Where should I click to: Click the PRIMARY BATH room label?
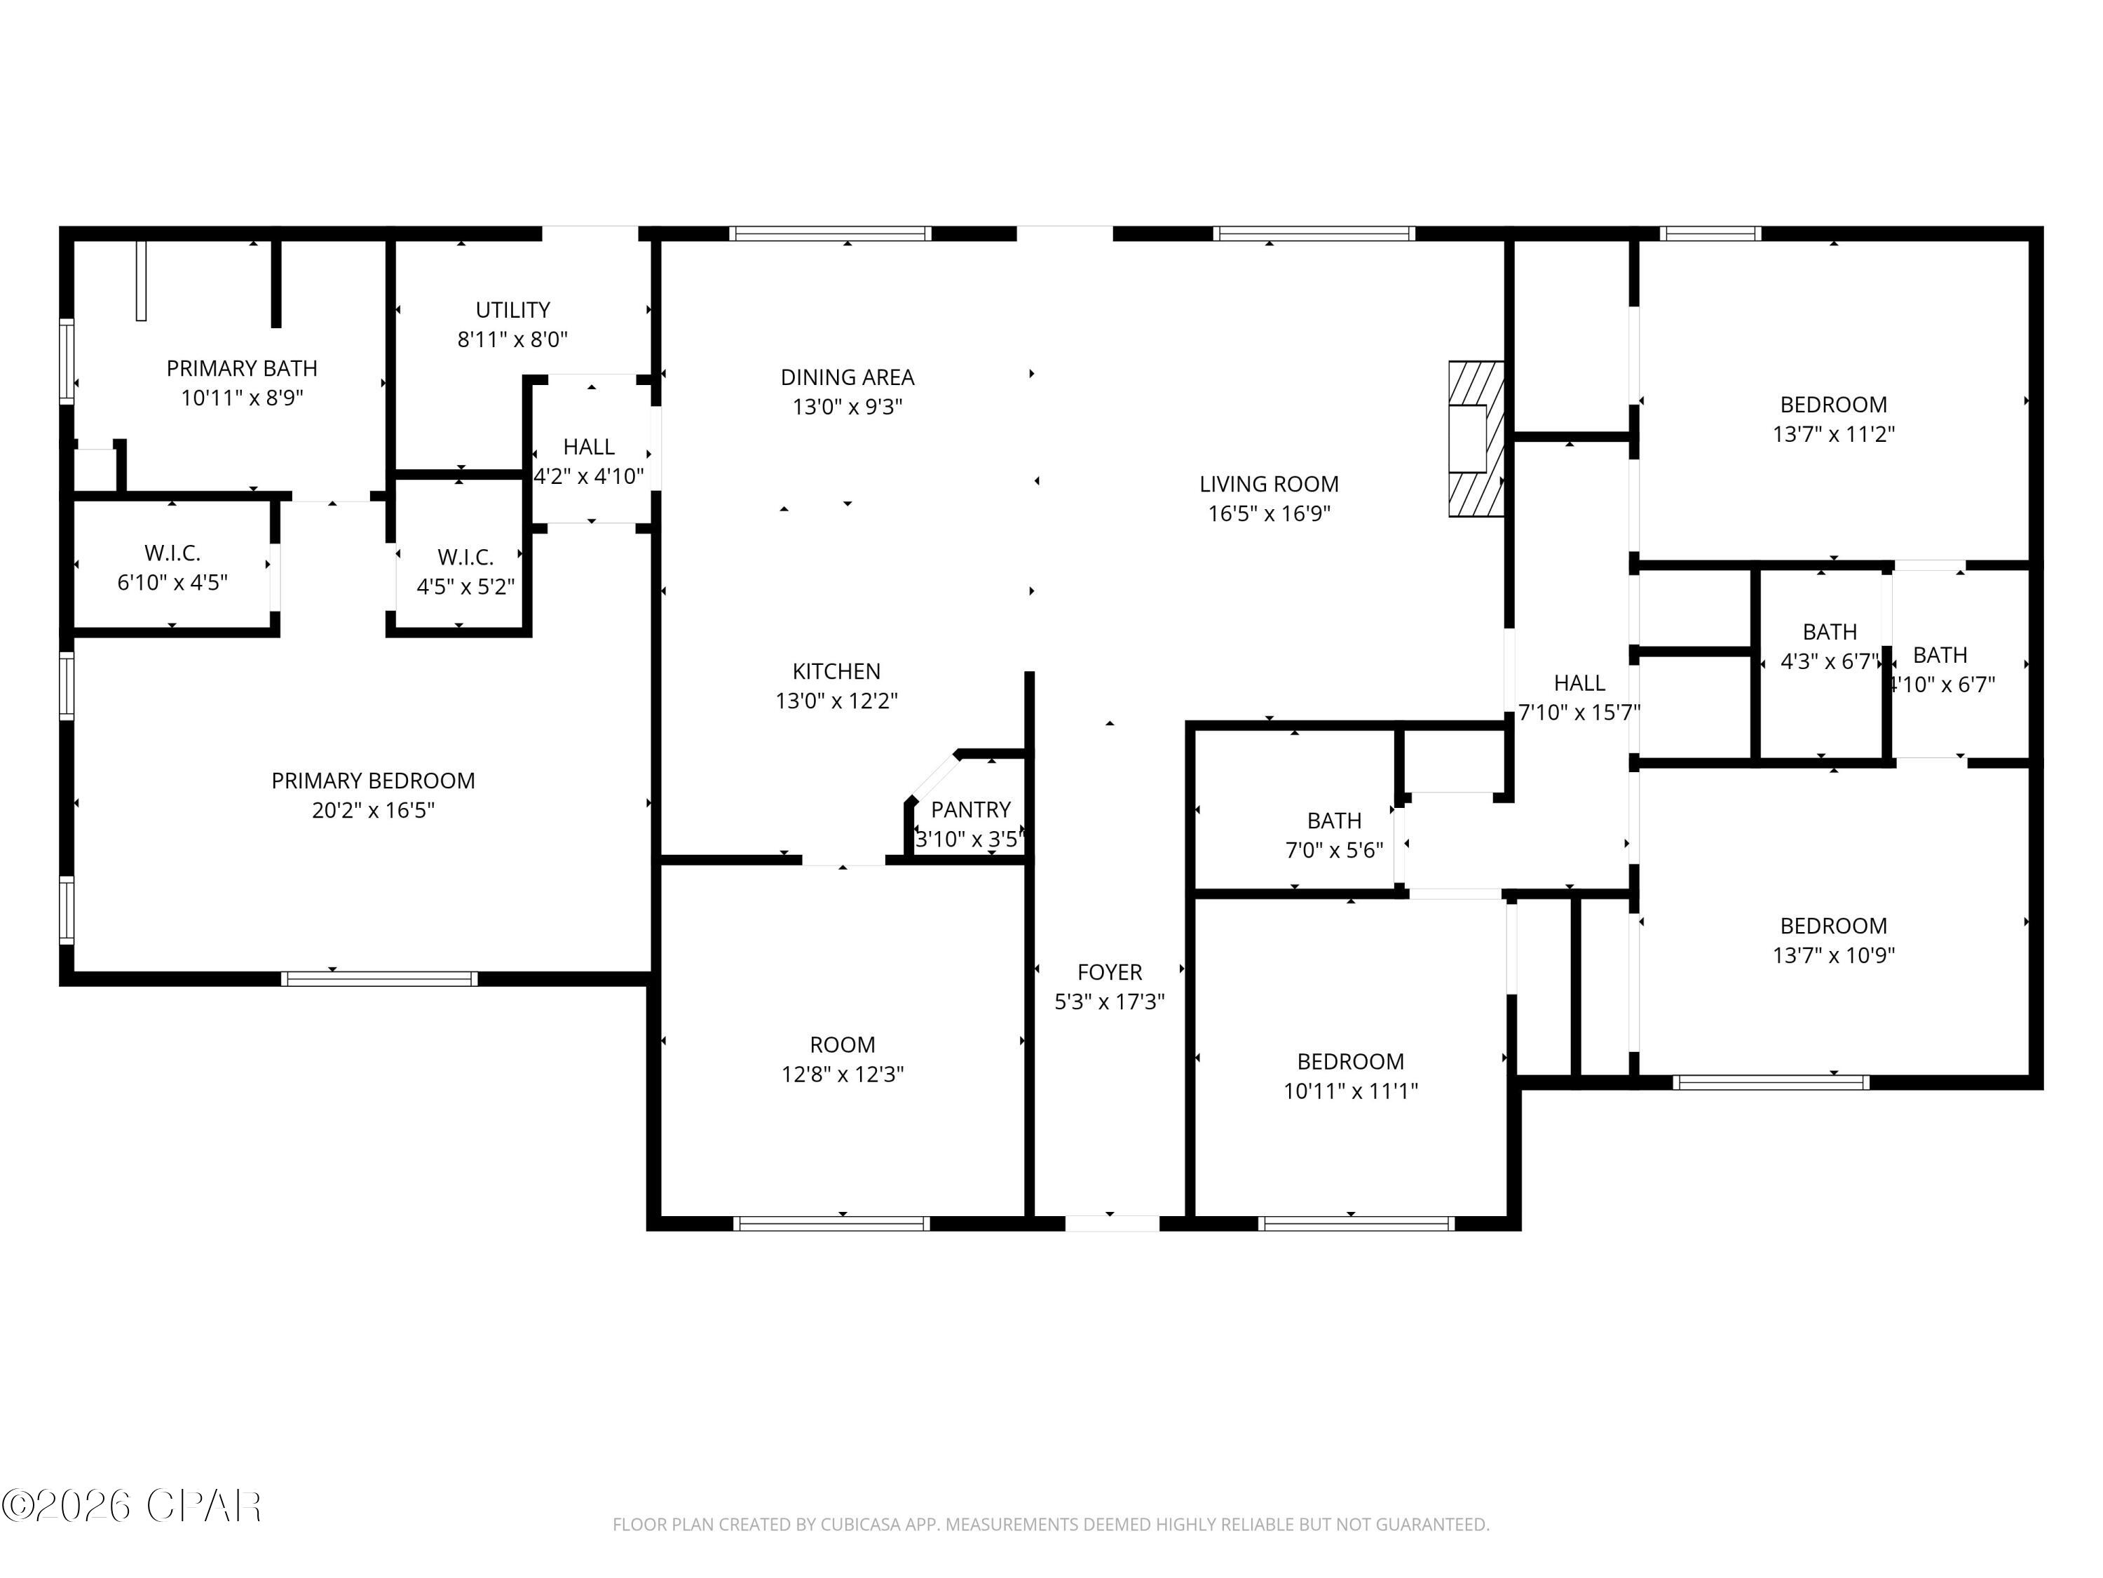pos(241,368)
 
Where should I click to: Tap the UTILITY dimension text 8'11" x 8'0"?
pos(512,339)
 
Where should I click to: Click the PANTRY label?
pos(969,809)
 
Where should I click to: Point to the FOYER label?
pos(1110,972)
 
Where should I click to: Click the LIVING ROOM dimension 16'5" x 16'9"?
pos(1268,513)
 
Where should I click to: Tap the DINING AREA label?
pos(847,377)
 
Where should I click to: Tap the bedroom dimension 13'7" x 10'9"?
pos(1833,955)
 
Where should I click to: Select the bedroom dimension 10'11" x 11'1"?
pos(1350,1091)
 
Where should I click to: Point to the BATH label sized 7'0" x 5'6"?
pos(1334,821)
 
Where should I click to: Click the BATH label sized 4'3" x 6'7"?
pos(1829,633)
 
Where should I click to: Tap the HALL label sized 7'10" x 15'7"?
pos(1579,683)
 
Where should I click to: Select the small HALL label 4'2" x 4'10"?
pos(589,447)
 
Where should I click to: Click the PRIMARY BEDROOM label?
pos(373,781)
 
